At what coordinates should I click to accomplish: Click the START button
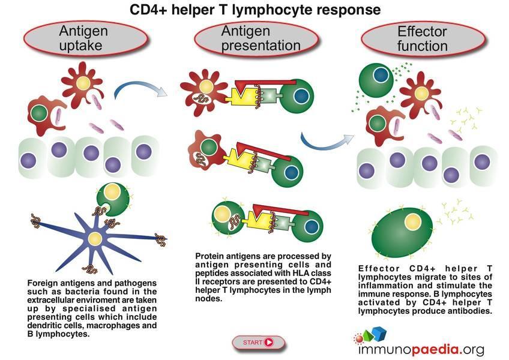coord(258,342)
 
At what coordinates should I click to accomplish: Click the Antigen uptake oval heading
coord(86,38)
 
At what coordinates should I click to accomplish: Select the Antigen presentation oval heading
coord(256,38)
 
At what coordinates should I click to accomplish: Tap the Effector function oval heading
coord(423,38)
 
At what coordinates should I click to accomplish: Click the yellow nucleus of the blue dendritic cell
coord(95,239)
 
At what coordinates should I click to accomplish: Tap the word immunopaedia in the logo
coord(421,349)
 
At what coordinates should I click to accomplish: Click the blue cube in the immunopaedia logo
coord(379,334)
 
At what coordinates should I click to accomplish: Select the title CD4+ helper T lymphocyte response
coord(255,10)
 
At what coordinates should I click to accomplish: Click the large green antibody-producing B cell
coord(402,232)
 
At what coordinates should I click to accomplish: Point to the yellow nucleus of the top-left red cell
coord(83,83)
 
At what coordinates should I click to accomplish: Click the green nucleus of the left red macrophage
coord(39,113)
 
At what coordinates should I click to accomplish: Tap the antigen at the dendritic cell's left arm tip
coord(35,221)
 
